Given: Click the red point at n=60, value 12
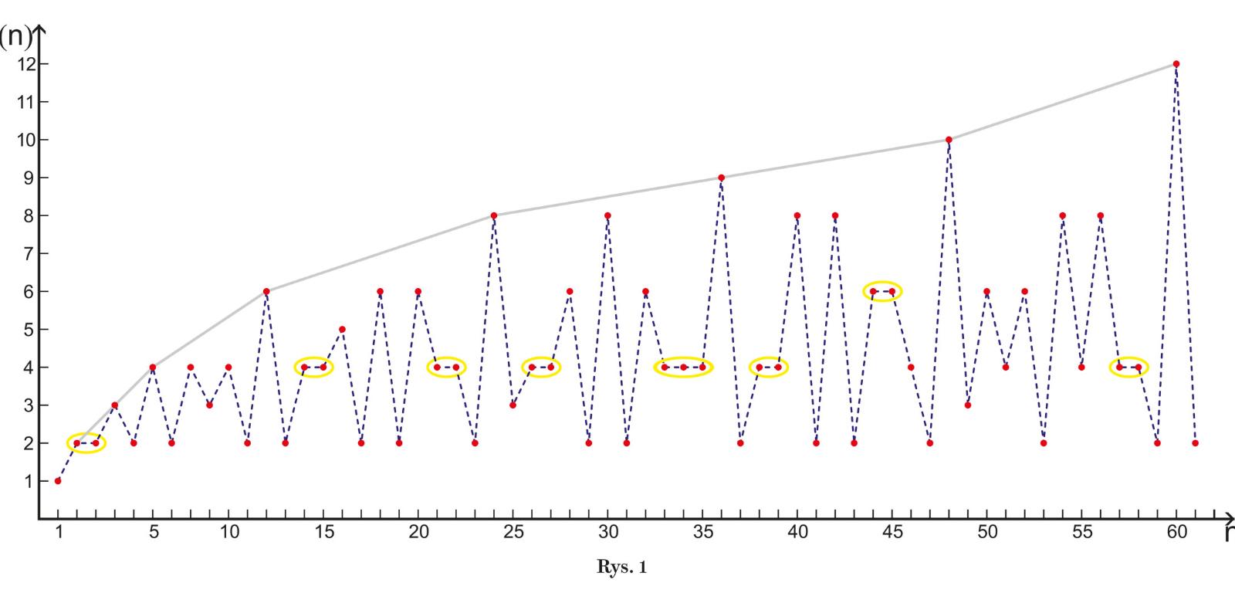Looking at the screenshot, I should click(x=1176, y=64).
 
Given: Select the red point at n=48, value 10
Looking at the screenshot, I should click(x=949, y=140).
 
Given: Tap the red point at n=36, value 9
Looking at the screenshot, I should click(x=721, y=178).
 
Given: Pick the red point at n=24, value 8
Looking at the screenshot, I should click(x=494, y=215).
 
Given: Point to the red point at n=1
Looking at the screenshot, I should click(x=58, y=481).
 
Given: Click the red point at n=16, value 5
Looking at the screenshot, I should click(x=342, y=329).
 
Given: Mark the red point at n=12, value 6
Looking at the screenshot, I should click(x=266, y=291).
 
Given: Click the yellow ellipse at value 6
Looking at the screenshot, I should click(x=882, y=291).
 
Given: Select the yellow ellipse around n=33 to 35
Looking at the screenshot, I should click(x=683, y=367).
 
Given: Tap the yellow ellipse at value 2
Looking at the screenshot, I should click(x=86, y=443).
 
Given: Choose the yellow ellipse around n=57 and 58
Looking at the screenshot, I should click(x=1128, y=367).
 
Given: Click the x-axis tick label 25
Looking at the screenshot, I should click(x=513, y=533).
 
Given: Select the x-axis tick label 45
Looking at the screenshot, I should click(x=892, y=533).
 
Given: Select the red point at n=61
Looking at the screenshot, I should click(x=1195, y=443).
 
